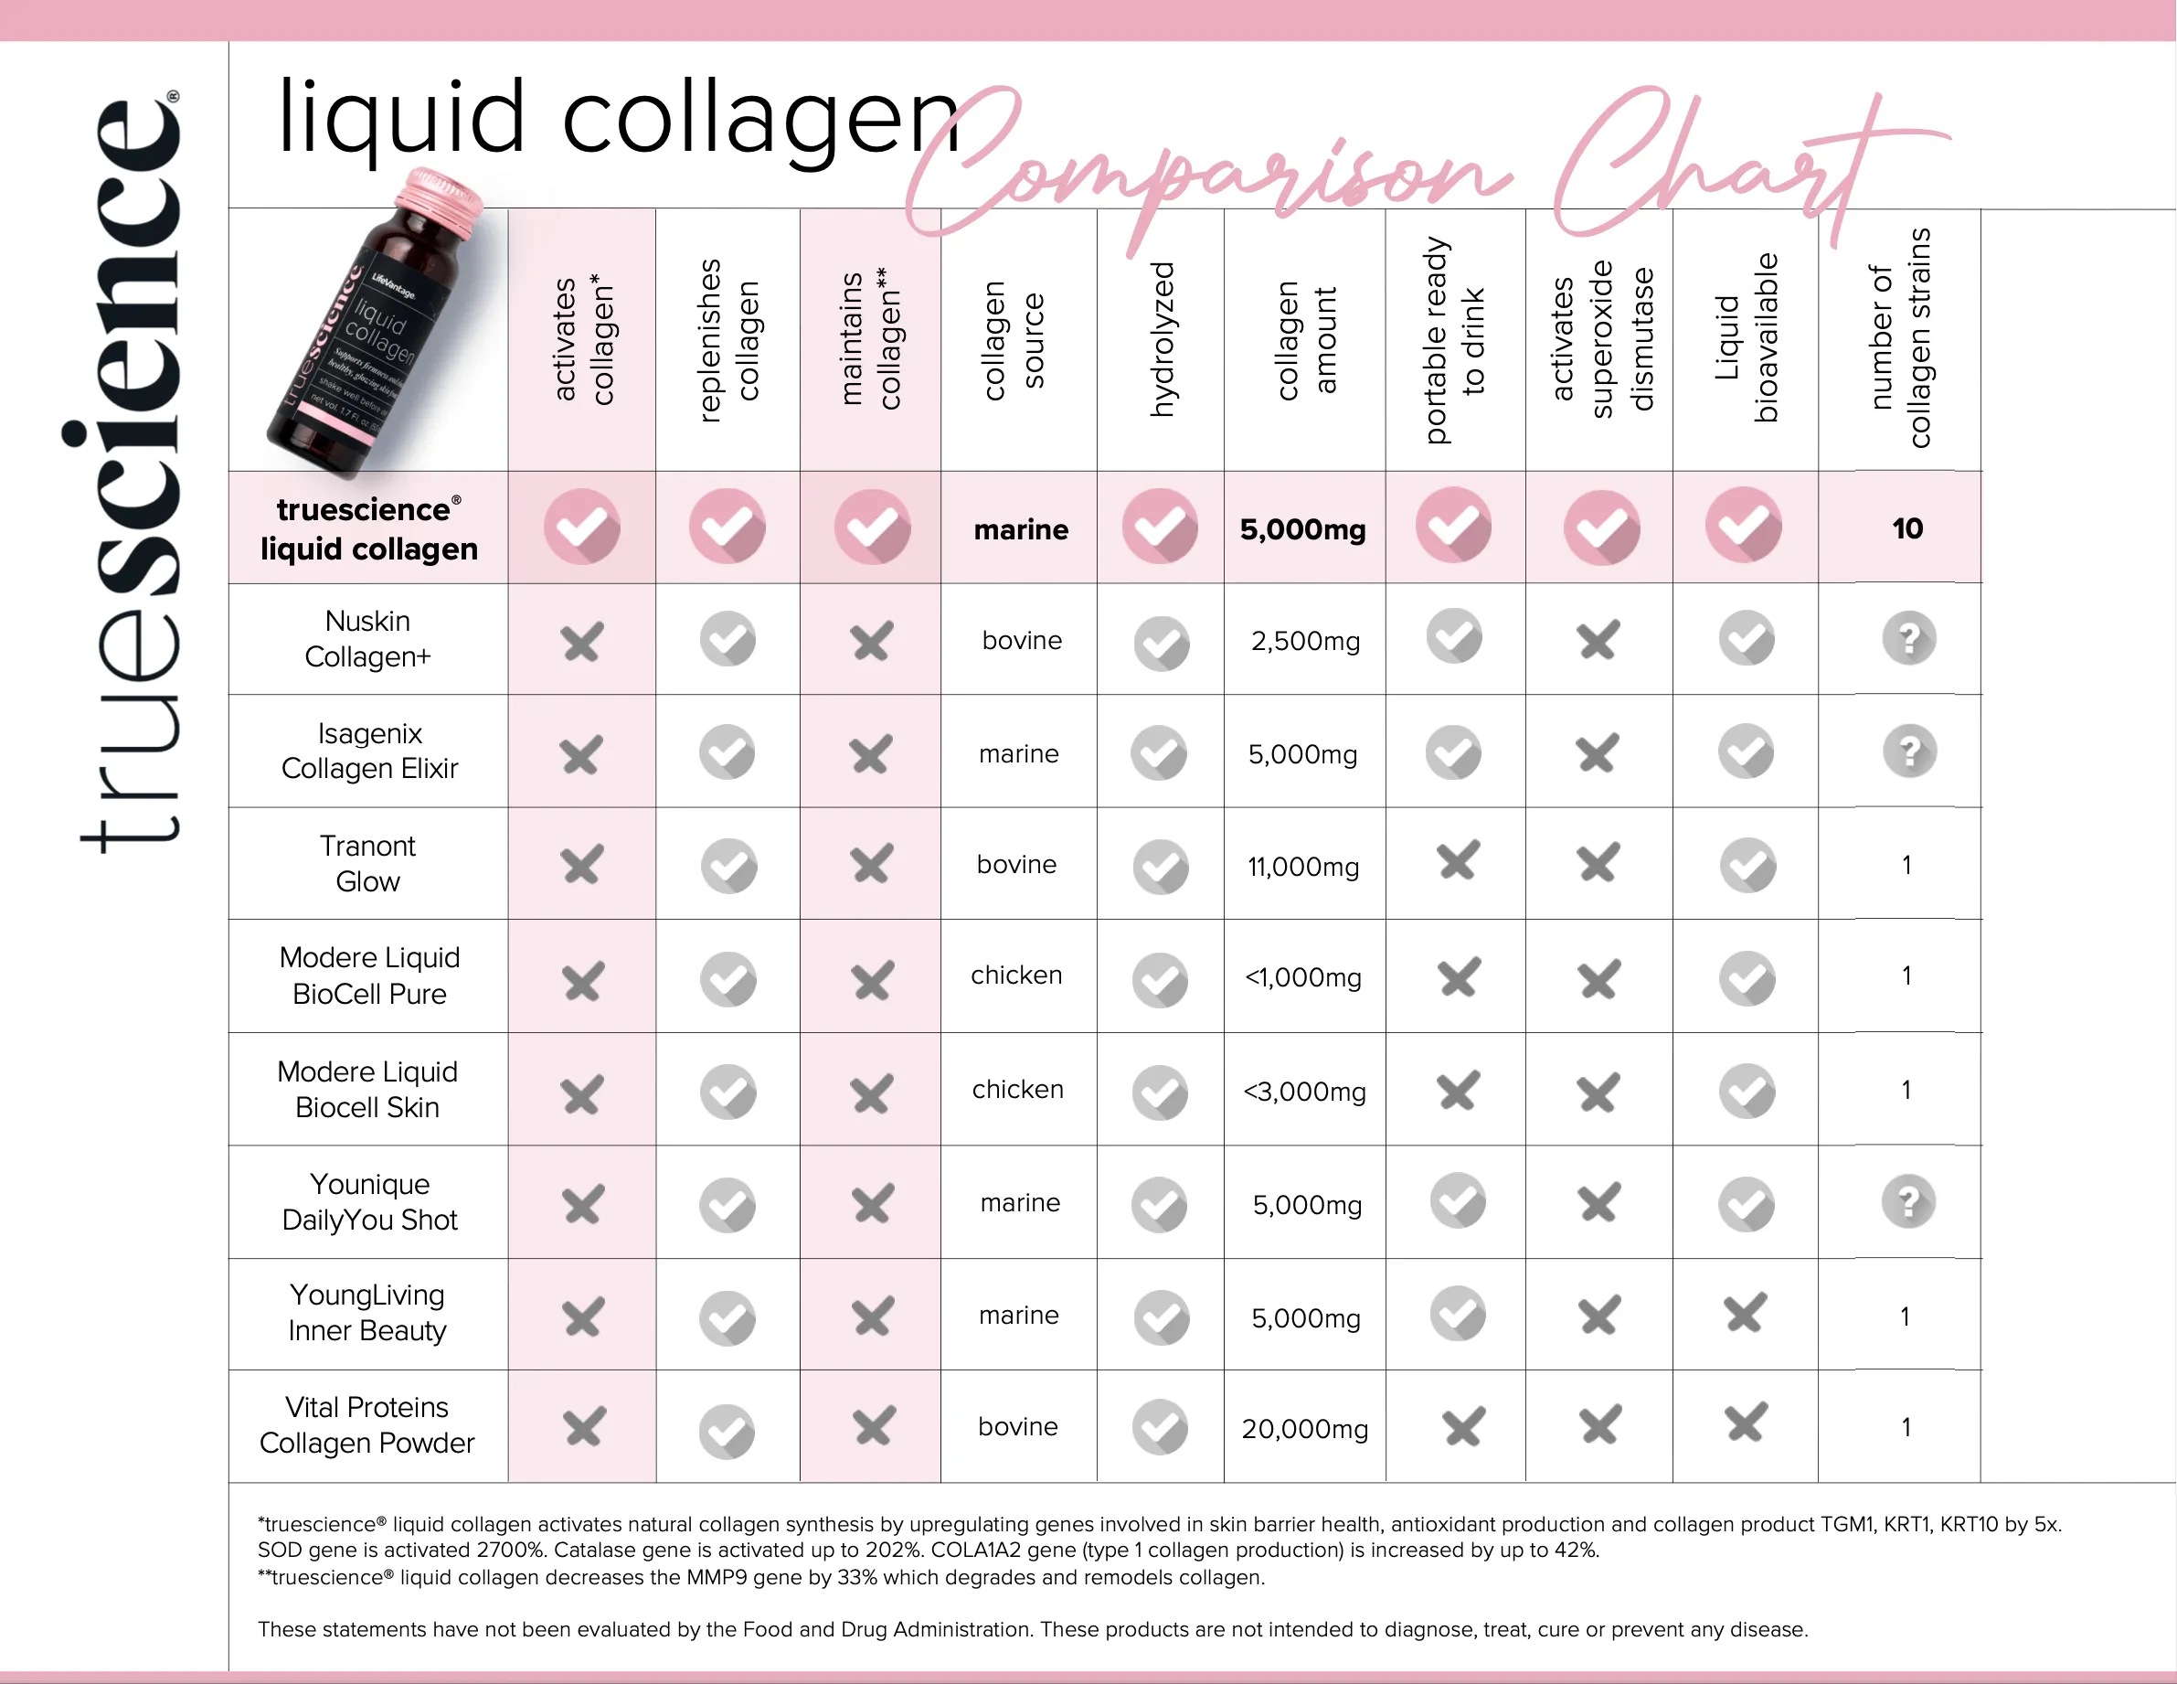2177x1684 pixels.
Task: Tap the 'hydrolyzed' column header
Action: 1163,339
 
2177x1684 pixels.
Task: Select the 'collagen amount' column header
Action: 1306,339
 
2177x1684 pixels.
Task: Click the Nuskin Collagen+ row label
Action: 367,639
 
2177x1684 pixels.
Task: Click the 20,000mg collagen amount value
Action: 1305,1429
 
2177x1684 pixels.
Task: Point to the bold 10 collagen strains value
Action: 1906,528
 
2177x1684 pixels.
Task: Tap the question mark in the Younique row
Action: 1908,1202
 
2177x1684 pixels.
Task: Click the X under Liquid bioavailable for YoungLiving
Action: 1746,1313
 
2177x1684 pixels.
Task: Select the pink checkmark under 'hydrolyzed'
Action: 1161,526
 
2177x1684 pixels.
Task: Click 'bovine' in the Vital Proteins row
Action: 1018,1427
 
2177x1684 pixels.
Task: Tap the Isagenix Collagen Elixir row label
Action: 370,751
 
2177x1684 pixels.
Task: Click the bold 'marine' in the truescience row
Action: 1021,529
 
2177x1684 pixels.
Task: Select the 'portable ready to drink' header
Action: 1453,339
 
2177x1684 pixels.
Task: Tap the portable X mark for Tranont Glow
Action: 1458,860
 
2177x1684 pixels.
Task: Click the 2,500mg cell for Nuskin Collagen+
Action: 1305,641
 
